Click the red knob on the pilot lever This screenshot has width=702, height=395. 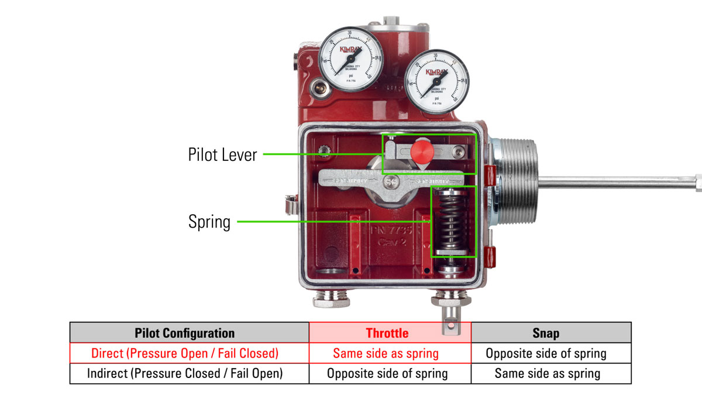(421, 151)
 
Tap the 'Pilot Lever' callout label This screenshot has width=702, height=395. (222, 155)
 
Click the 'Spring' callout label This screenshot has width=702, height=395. (209, 222)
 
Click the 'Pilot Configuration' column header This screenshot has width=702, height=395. (189, 333)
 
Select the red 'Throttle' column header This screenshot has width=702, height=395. (387, 333)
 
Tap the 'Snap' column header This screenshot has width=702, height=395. (546, 333)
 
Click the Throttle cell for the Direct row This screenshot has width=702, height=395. (387, 353)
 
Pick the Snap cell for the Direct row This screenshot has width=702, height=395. (546, 353)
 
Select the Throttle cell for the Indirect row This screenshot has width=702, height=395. (387, 373)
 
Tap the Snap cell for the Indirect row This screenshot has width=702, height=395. (546, 373)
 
